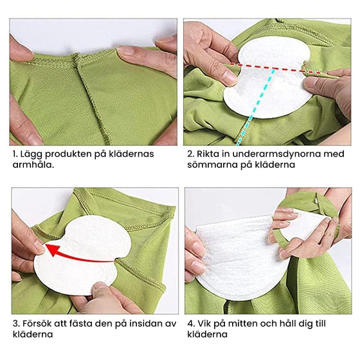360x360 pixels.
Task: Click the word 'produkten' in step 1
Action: pos(69,154)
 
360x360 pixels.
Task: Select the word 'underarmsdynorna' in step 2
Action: pos(273,154)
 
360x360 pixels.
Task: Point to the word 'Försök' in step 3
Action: pos(39,323)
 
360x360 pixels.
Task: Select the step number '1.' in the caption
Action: pos(15,154)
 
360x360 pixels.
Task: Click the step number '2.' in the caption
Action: pos(191,154)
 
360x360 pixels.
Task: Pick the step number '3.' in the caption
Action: pos(16,323)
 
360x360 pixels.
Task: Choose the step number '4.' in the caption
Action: pos(191,323)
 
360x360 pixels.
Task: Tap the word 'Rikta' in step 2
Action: pos(210,154)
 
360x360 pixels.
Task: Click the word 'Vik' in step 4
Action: pos(206,323)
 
